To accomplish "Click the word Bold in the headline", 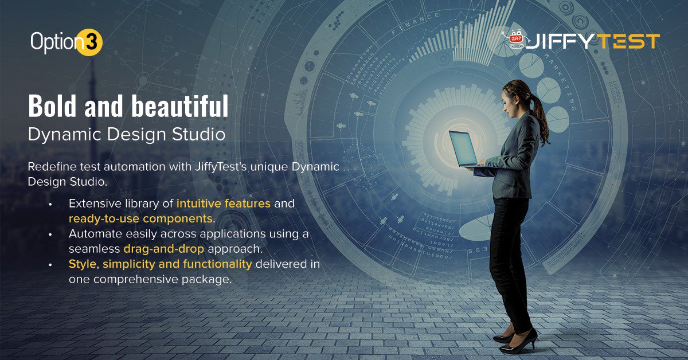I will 52,106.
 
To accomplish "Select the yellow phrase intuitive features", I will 224,204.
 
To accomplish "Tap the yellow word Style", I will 83,264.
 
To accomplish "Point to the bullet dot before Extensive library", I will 50,204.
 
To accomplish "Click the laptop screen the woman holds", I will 463,148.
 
